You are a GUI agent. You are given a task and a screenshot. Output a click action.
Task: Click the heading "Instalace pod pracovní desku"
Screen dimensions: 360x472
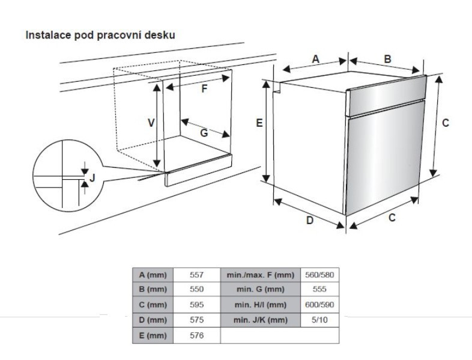tap(100, 35)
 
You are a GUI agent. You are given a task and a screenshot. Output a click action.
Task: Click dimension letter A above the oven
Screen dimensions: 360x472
tap(316, 58)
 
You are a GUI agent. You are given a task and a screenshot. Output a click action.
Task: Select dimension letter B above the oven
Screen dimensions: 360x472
tap(387, 59)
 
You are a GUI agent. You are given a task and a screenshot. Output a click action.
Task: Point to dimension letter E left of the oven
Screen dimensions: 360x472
tap(259, 123)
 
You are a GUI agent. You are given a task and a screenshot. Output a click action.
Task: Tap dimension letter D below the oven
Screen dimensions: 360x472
tap(310, 220)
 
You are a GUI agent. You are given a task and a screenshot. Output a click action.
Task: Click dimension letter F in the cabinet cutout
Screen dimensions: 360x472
tap(204, 90)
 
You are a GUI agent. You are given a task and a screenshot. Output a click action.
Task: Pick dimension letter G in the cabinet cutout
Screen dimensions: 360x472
tap(204, 133)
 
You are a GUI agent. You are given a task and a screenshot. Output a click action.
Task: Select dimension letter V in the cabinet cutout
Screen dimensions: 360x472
tap(152, 122)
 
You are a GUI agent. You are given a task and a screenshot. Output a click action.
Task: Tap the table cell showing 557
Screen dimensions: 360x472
tap(197, 275)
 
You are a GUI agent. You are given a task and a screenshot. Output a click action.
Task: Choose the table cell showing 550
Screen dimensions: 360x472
tap(197, 289)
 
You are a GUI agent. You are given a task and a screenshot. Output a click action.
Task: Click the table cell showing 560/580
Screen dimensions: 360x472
tap(319, 275)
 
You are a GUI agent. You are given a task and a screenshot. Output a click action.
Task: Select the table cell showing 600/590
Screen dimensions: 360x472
tap(319, 305)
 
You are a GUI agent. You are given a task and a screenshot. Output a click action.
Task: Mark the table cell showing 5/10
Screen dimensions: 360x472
tap(319, 320)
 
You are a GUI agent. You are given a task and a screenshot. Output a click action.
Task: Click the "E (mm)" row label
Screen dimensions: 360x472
tap(153, 335)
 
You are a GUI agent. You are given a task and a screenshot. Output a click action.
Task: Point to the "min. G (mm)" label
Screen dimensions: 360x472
tap(260, 289)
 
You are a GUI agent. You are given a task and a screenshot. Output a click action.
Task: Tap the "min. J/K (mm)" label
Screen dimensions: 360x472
tap(260, 320)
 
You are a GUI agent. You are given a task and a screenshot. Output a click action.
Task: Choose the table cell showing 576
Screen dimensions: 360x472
tap(197, 335)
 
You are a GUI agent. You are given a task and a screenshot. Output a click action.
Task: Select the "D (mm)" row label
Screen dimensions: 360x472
tap(153, 320)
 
